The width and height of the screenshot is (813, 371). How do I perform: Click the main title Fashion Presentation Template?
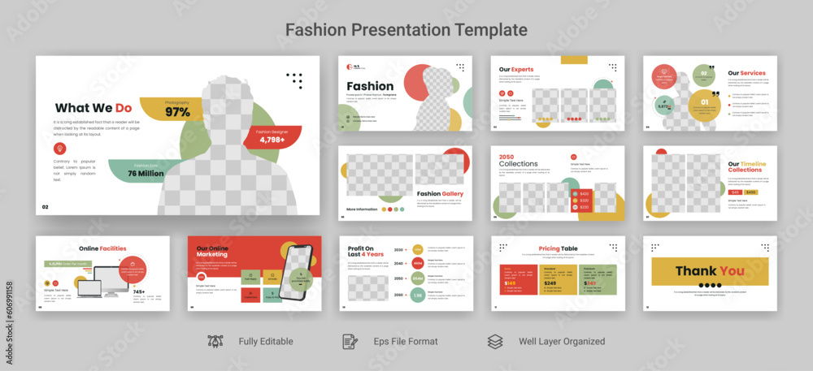(x=406, y=30)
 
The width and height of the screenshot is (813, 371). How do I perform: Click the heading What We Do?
(x=93, y=107)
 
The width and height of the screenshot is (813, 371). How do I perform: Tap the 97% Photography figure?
(x=177, y=112)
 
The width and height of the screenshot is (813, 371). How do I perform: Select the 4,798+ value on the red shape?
(x=272, y=140)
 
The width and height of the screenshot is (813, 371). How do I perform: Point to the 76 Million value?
(x=146, y=173)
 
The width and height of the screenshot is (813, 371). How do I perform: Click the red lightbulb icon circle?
(x=59, y=148)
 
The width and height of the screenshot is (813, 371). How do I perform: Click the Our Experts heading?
(x=516, y=70)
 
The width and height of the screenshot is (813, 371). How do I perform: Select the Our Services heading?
(x=746, y=73)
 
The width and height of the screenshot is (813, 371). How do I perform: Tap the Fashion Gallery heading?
(x=440, y=194)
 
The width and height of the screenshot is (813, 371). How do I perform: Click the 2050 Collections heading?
(x=518, y=161)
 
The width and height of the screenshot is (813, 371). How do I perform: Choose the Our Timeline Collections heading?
(x=746, y=167)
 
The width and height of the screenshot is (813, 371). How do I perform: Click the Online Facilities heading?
(x=102, y=248)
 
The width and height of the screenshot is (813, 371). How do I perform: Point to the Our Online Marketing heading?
(x=213, y=251)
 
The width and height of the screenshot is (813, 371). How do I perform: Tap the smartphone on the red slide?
(x=298, y=272)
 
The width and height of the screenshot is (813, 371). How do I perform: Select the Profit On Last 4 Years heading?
(x=365, y=252)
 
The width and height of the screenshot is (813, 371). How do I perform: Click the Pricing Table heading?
(x=558, y=248)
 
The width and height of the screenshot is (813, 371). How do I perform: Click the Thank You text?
(x=710, y=270)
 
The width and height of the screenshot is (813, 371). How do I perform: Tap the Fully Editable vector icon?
(x=215, y=342)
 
